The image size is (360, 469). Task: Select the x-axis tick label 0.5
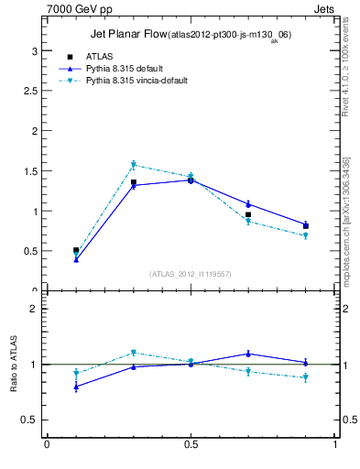(x=191, y=445)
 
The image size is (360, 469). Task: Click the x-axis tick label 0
(x=47, y=445)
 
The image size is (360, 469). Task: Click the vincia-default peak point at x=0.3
(x=133, y=165)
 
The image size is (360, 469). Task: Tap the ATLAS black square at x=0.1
(x=76, y=250)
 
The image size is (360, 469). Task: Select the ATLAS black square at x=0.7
(x=248, y=214)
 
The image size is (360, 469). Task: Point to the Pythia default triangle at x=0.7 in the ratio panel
(x=248, y=354)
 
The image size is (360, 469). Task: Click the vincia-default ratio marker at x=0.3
(x=133, y=353)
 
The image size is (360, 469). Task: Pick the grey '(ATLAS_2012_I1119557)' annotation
(x=191, y=274)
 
